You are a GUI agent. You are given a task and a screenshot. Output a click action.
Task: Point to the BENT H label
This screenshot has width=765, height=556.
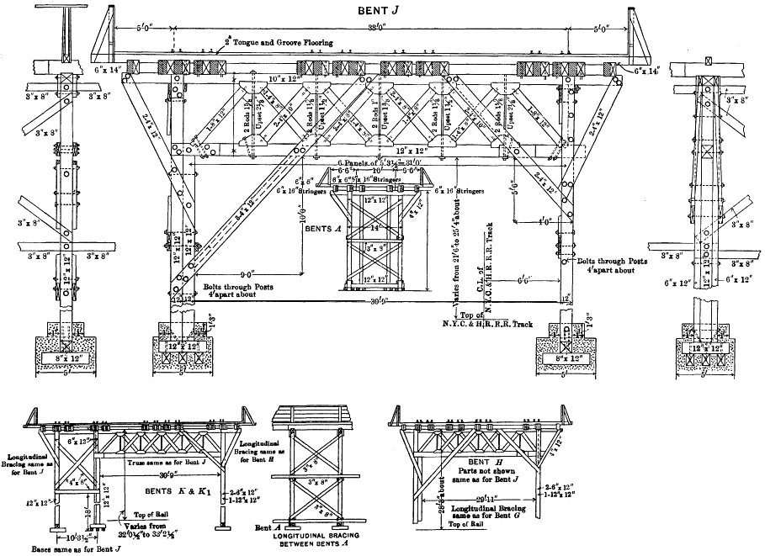point(481,463)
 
